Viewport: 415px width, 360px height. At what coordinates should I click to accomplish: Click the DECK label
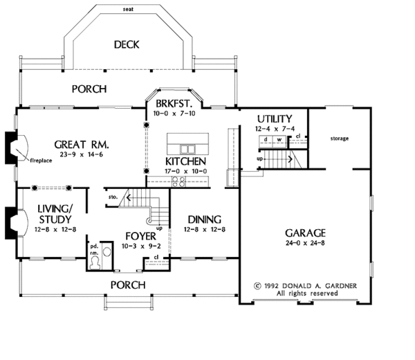(x=127, y=45)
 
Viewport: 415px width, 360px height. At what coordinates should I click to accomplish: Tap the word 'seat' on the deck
(x=127, y=10)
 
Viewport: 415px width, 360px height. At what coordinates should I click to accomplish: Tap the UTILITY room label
(x=274, y=118)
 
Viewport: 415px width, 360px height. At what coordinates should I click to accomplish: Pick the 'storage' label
(x=339, y=138)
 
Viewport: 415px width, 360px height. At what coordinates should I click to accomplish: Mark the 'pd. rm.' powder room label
(x=92, y=249)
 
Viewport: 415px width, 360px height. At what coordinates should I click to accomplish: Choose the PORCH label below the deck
(x=89, y=89)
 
